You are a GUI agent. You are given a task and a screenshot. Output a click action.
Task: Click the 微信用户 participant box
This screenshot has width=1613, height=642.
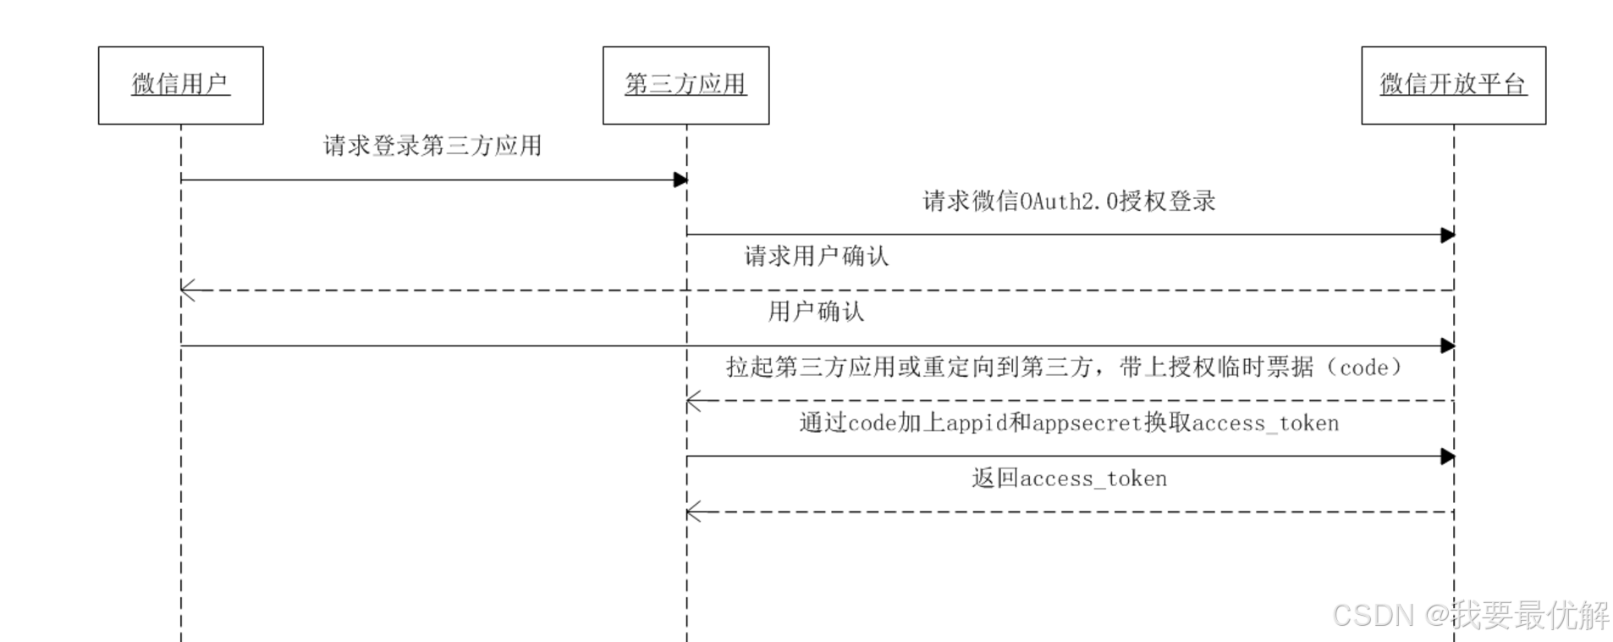pyautogui.click(x=180, y=85)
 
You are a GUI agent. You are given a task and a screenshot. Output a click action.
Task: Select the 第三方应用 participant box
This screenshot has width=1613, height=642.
pyautogui.click(x=685, y=85)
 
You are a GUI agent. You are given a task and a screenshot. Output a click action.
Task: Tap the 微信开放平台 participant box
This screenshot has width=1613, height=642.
pyautogui.click(x=1453, y=85)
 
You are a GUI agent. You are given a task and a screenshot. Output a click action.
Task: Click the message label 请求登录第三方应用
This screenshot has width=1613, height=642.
pyautogui.click(x=432, y=146)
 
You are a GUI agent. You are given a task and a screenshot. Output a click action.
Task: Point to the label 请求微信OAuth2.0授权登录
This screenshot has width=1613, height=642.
pyautogui.click(x=1069, y=202)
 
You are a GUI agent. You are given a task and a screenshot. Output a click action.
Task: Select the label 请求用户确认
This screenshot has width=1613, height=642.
pyautogui.click(x=817, y=257)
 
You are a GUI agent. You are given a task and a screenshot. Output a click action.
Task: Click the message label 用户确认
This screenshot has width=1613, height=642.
pyautogui.click(x=816, y=312)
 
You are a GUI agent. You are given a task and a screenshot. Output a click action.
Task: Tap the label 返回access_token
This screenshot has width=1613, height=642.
pyautogui.click(x=1069, y=479)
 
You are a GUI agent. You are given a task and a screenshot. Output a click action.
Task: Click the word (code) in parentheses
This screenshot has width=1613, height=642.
pyautogui.click(x=1364, y=368)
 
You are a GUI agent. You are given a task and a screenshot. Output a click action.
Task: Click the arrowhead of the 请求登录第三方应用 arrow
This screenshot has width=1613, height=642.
pyautogui.click(x=680, y=180)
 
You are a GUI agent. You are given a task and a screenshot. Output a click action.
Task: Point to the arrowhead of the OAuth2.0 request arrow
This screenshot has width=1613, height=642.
pyautogui.click(x=1447, y=235)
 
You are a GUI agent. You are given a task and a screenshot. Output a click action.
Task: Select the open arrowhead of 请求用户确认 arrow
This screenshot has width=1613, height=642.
pyautogui.click(x=188, y=291)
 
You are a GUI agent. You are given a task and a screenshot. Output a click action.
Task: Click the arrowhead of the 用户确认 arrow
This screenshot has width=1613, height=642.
pyautogui.click(x=1447, y=346)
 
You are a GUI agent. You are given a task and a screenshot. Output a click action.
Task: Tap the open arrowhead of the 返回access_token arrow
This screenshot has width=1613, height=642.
pyautogui.click(x=693, y=512)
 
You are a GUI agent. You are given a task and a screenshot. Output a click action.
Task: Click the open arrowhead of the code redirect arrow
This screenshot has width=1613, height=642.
pyautogui.click(x=693, y=401)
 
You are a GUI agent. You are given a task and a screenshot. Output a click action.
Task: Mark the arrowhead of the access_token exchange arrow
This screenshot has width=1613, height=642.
pyautogui.click(x=1447, y=457)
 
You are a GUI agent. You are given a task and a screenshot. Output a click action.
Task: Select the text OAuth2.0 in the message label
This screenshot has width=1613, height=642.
pyautogui.click(x=1068, y=202)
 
